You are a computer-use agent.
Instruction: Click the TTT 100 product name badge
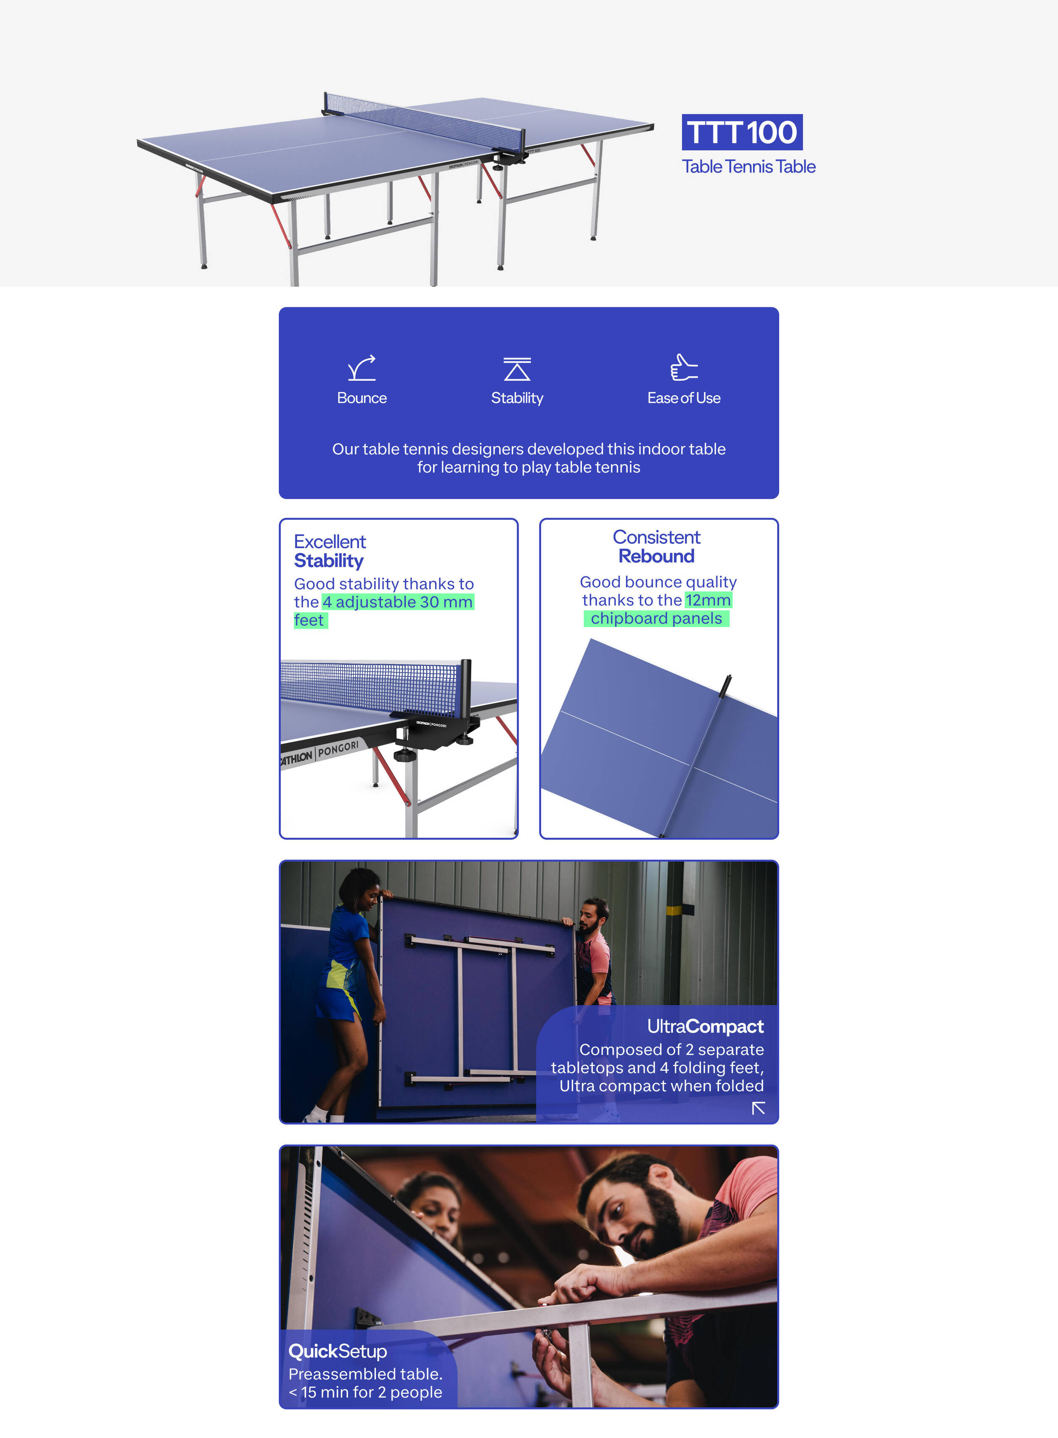click(741, 133)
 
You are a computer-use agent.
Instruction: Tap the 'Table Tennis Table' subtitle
click(749, 167)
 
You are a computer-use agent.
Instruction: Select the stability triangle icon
click(517, 369)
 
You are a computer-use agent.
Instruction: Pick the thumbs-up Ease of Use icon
click(684, 368)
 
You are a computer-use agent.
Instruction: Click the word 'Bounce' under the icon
click(362, 398)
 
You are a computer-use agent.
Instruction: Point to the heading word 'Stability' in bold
click(329, 561)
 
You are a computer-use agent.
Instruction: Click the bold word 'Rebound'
click(657, 557)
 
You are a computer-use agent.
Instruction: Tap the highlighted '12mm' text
click(708, 600)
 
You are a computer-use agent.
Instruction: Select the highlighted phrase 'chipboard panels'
click(657, 619)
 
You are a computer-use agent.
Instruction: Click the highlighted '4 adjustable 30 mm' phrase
click(398, 602)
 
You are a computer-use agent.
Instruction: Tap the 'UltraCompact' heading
click(705, 1026)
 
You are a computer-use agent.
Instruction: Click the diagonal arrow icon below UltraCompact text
click(758, 1108)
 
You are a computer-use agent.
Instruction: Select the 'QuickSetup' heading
click(338, 1351)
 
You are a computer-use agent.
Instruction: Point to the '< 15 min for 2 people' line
click(365, 1392)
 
